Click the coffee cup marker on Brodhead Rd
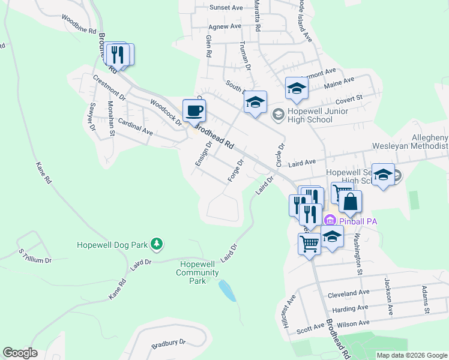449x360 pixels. (194, 112)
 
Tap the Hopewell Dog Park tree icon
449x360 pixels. (157, 244)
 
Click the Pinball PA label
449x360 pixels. (357, 221)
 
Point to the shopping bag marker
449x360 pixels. (351, 202)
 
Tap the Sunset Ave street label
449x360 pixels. (226, 8)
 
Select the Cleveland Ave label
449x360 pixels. (349, 293)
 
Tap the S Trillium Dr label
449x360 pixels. (35, 256)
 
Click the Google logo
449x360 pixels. (20, 353)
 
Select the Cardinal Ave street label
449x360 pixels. (135, 125)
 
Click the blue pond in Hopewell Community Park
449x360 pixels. (226, 290)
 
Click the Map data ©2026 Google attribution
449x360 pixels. (412, 355)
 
